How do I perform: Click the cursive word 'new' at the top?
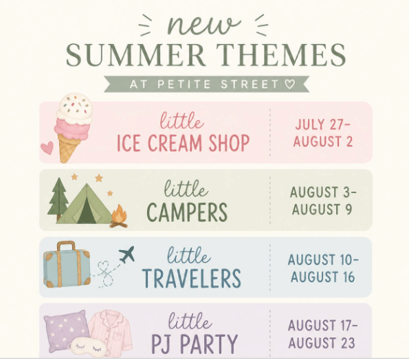(203, 25)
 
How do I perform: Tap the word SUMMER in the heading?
(135, 55)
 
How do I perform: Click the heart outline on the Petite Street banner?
(289, 84)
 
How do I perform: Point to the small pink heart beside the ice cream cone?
(47, 148)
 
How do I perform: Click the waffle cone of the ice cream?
(68, 148)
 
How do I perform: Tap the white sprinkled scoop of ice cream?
(75, 108)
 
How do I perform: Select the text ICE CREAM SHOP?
(183, 143)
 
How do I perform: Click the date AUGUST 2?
(323, 142)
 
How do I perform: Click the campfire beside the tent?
(119, 216)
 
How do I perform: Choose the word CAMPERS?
(187, 212)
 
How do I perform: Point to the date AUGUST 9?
(322, 210)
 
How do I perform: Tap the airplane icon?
(126, 254)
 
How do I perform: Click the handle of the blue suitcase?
(66, 246)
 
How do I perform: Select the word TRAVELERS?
(192, 279)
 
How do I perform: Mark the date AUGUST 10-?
(323, 260)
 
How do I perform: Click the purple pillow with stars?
(65, 328)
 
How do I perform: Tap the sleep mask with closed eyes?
(88, 347)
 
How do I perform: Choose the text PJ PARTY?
(195, 344)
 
